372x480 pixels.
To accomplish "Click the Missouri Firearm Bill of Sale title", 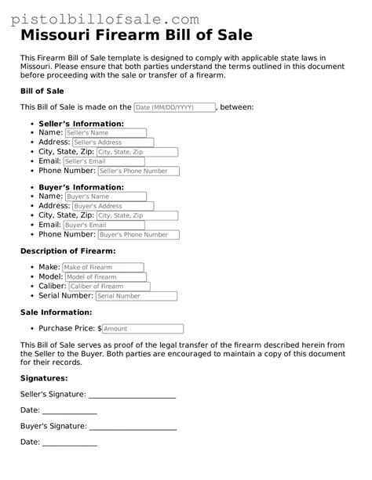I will pyautogui.click(x=136, y=36).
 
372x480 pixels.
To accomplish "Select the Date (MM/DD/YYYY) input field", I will pyautogui.click(x=174, y=107).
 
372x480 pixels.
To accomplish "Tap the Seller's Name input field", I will pyautogui.click(x=105, y=133).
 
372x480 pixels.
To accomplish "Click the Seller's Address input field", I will pyautogui.click(x=112, y=143).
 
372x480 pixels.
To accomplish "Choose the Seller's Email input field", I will pyautogui.click(x=104, y=161).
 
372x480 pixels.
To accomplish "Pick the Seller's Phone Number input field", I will pyautogui.click(x=139, y=171).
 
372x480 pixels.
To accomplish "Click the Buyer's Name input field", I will pyautogui.click(x=105, y=197).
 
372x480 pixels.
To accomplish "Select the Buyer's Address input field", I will pyautogui.click(x=112, y=206).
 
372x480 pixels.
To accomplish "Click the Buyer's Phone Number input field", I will pyautogui.click(x=139, y=234).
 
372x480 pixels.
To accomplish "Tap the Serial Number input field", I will pyautogui.click(x=133, y=296).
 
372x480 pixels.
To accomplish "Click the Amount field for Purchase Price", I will pyautogui.click(x=142, y=329).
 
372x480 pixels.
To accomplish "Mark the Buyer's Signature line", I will pyautogui.click(x=133, y=428).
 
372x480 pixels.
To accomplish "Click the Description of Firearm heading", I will pyautogui.click(x=67, y=251).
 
